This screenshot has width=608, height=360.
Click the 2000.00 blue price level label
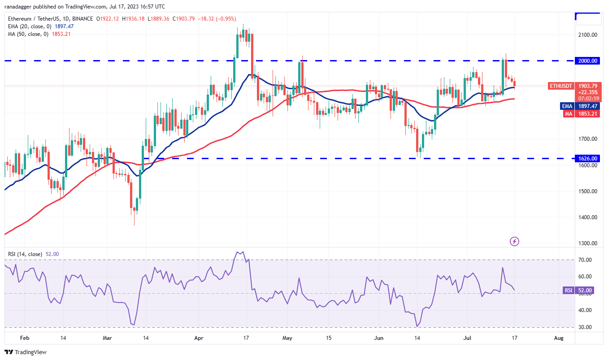(588, 61)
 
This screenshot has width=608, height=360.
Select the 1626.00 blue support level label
(588, 158)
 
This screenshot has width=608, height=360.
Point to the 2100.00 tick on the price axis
(588, 35)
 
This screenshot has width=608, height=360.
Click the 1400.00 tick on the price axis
(588, 217)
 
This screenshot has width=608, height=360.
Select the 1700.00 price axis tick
(588, 139)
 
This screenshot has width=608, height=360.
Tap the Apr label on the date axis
(200, 338)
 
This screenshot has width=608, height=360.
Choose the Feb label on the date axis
(25, 338)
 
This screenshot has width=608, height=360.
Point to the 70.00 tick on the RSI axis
(584, 260)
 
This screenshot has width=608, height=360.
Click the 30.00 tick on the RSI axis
(584, 327)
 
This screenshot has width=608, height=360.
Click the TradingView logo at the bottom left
(26, 352)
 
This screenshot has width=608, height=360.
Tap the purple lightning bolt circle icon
(515, 242)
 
